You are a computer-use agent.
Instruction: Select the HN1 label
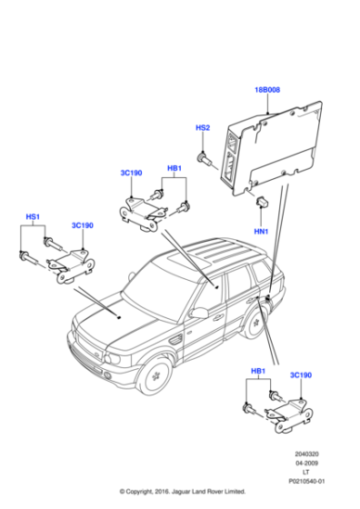tap(262, 231)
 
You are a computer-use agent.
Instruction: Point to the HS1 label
tap(33, 217)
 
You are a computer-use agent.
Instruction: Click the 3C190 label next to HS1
tap(82, 225)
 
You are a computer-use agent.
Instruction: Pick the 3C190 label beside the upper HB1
tap(131, 172)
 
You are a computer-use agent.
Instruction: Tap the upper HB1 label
tap(175, 168)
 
